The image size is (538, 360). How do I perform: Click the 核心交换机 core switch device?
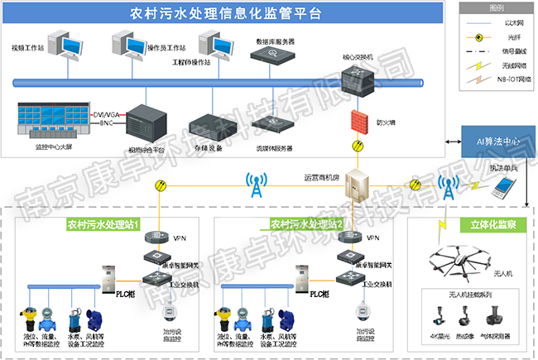[x=361, y=83]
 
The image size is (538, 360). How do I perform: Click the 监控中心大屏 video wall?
[x=50, y=120]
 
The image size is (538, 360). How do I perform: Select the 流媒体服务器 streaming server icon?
[x=275, y=125]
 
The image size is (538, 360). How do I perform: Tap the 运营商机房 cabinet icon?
[x=360, y=190]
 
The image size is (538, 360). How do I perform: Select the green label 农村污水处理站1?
[x=104, y=223]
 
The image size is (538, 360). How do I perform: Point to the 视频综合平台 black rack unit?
[x=147, y=122]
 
